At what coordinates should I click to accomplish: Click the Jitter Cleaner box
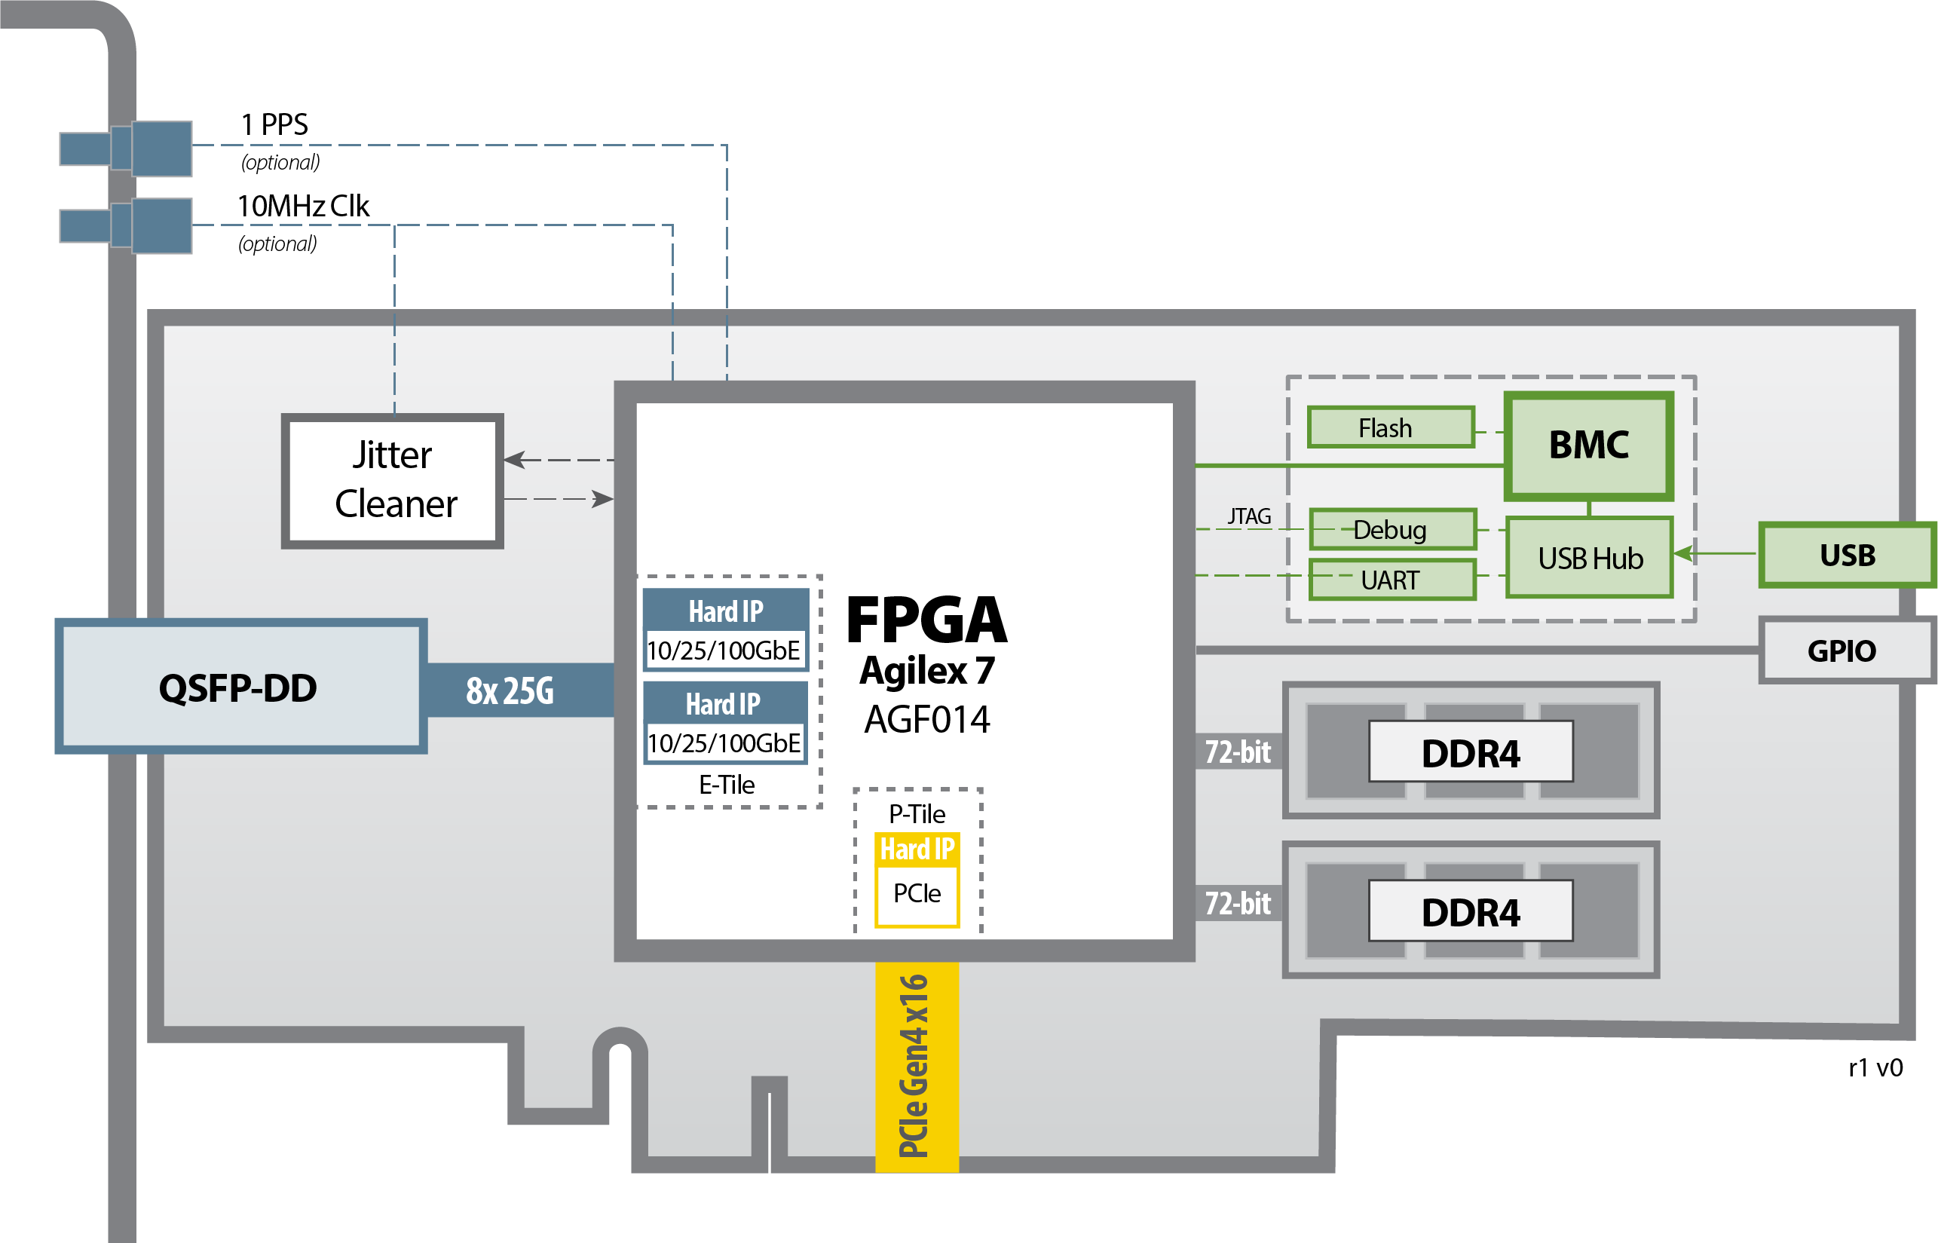[392, 481]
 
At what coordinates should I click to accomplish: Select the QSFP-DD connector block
[240, 687]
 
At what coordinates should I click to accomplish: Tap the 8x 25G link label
[510, 691]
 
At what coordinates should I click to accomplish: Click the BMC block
[1587, 445]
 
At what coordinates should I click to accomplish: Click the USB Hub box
[1589, 558]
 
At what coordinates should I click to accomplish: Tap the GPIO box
[1842, 651]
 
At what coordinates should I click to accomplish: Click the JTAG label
[1249, 516]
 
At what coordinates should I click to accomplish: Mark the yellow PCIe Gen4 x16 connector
[916, 1065]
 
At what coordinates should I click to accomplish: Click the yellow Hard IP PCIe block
[917, 881]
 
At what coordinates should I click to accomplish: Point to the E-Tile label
[727, 785]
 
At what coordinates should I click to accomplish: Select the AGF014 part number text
[926, 719]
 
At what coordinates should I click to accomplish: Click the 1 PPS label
[274, 124]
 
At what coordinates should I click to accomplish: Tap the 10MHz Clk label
[303, 206]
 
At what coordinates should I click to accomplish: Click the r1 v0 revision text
[1874, 1068]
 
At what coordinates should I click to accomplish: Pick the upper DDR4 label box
[1470, 752]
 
